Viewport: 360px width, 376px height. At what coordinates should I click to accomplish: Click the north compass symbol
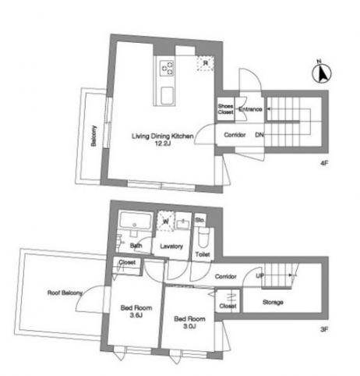click(x=319, y=74)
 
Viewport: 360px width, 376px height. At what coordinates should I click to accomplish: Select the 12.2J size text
click(x=161, y=144)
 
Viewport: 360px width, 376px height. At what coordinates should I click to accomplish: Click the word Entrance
click(x=250, y=109)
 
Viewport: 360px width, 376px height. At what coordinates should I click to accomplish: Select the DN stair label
click(x=259, y=135)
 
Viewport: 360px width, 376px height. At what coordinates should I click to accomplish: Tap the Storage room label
click(x=272, y=302)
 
